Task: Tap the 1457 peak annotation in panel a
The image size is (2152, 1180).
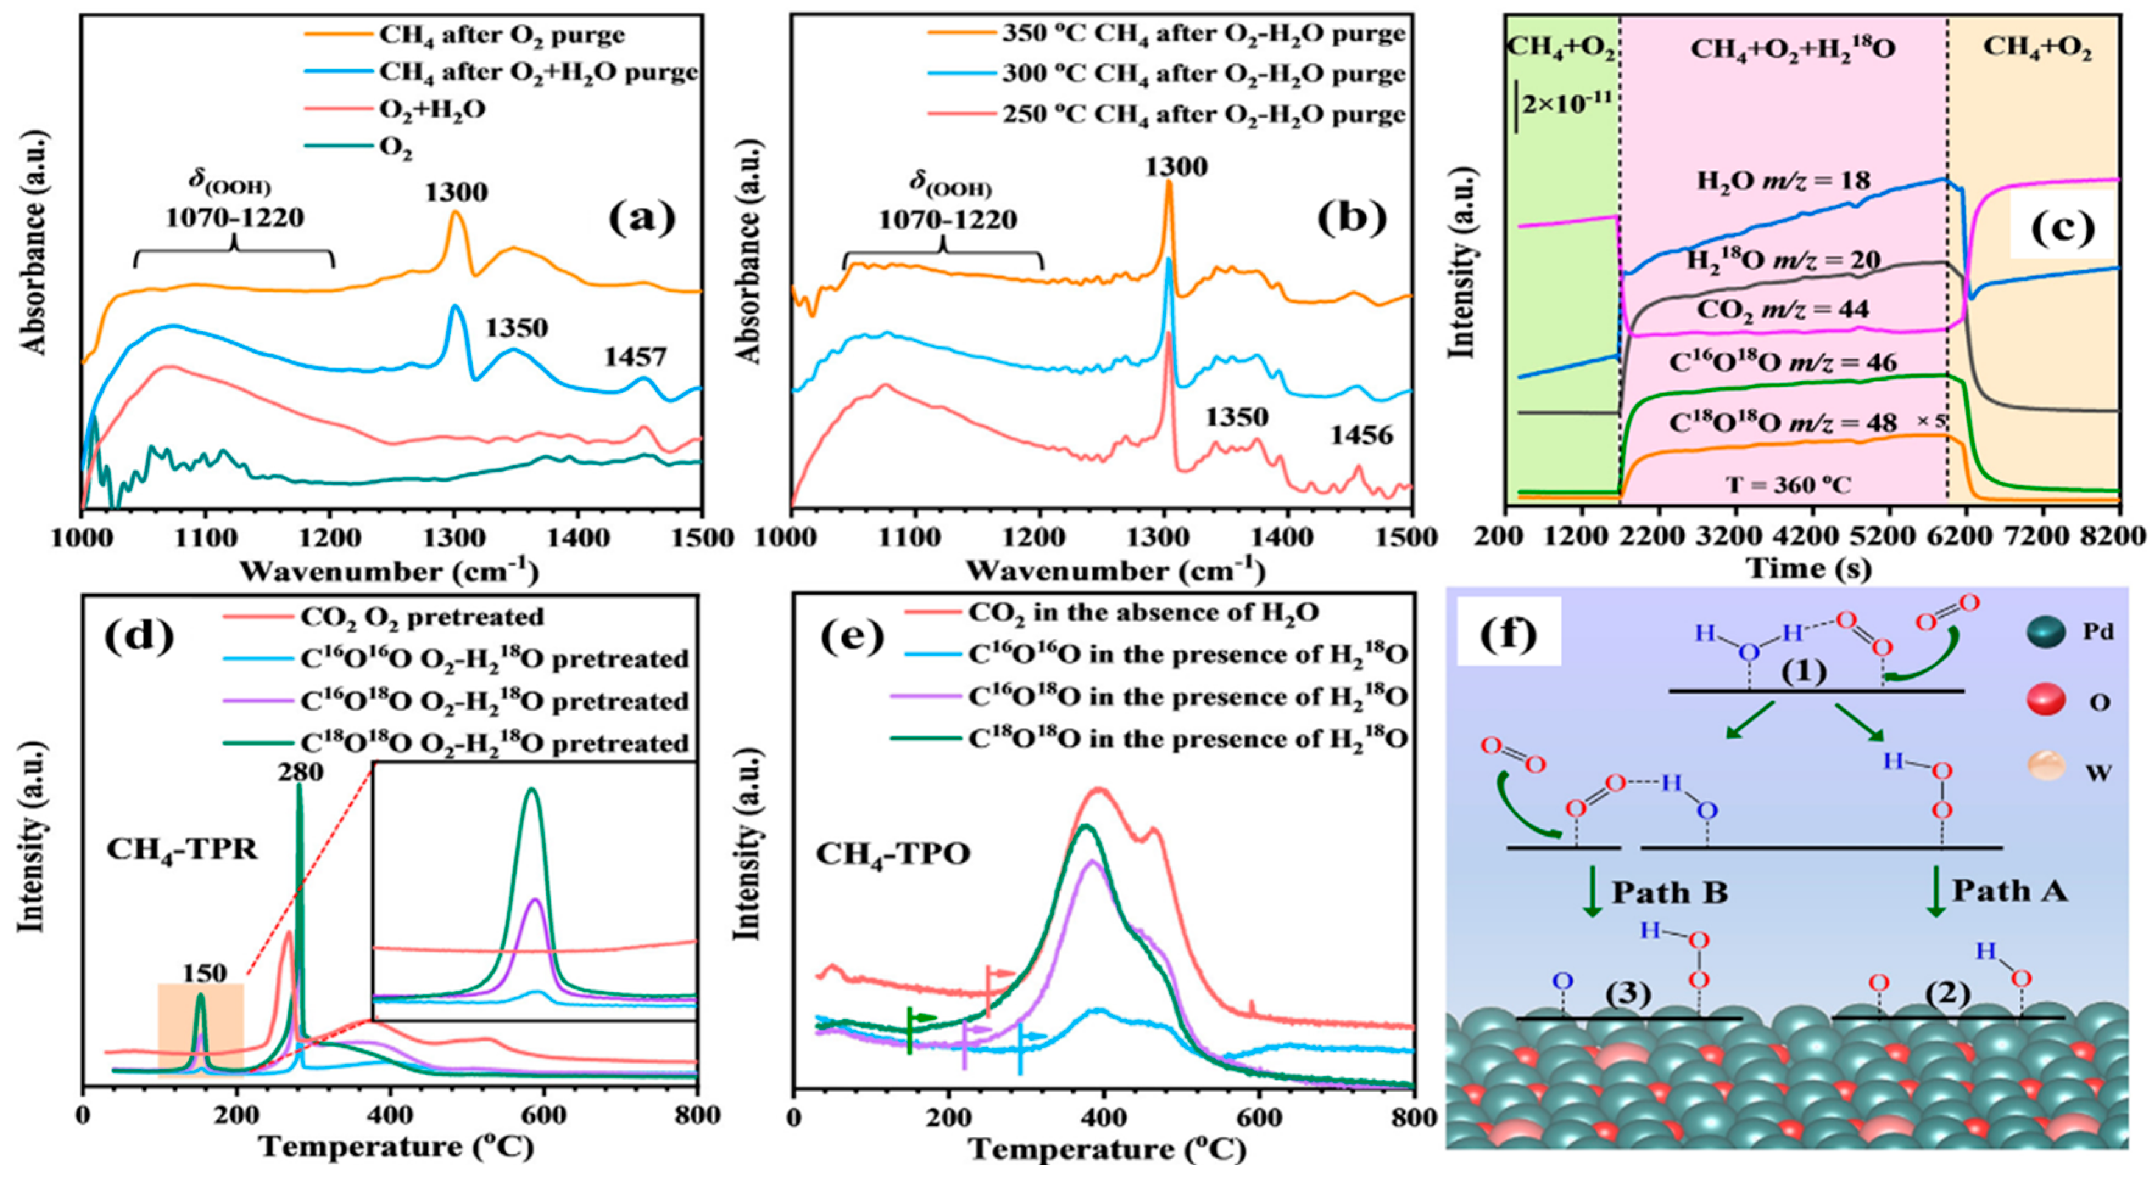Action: (637, 357)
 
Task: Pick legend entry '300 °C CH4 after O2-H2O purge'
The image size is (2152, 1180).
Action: (1203, 74)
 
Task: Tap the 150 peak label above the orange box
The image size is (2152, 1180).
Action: (205, 974)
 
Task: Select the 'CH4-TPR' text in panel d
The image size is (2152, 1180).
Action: (182, 849)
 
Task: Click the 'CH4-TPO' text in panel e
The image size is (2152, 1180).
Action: (893, 854)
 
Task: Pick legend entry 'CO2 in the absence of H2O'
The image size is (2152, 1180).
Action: (1143, 613)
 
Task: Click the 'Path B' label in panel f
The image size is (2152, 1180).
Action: (1669, 892)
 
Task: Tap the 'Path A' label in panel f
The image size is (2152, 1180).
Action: (2009, 890)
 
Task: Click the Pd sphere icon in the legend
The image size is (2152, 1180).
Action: (2046, 632)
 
